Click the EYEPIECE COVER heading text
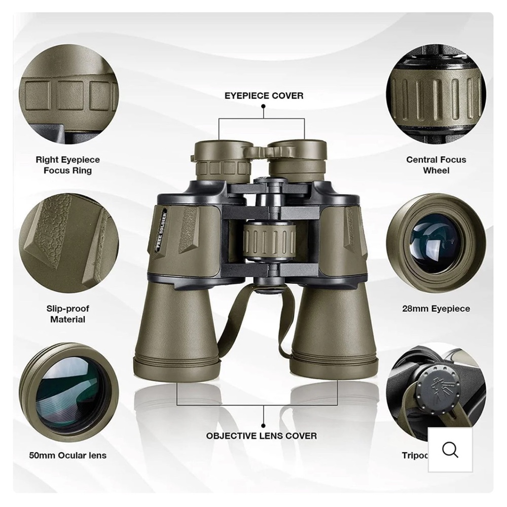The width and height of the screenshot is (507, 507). (264, 95)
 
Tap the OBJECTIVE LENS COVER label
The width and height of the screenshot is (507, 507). (262, 436)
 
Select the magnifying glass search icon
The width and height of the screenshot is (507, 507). (450, 450)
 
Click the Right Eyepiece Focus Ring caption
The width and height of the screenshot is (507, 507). (67, 165)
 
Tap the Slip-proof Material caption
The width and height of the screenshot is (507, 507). (67, 314)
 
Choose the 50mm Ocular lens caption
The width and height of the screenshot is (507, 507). (67, 455)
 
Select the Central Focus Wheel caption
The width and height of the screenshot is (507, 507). (436, 165)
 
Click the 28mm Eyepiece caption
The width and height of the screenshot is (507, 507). (436, 308)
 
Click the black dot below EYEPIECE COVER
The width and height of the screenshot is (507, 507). (263, 106)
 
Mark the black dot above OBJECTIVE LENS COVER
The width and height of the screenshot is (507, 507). (263, 424)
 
